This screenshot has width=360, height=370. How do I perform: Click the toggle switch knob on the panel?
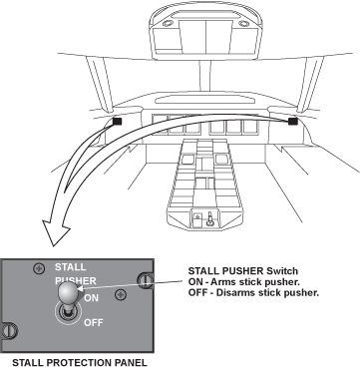point(68,292)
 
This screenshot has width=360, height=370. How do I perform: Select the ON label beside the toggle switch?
point(91,298)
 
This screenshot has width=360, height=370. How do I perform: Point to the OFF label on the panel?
point(94,322)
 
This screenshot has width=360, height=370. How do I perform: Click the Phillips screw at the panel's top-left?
point(40,268)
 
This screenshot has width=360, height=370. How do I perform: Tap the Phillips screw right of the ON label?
point(121,294)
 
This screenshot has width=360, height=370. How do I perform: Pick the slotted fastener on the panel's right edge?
point(146,281)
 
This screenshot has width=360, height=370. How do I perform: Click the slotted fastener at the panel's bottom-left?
point(9,331)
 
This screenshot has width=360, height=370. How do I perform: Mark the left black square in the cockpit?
point(118,122)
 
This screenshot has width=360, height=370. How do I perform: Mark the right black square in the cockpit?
point(292,122)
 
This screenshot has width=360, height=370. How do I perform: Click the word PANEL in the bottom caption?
point(131,363)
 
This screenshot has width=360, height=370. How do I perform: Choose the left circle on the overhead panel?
point(168,24)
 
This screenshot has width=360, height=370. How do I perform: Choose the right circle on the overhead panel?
point(243,24)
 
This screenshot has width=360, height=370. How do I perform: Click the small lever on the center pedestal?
point(209,219)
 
